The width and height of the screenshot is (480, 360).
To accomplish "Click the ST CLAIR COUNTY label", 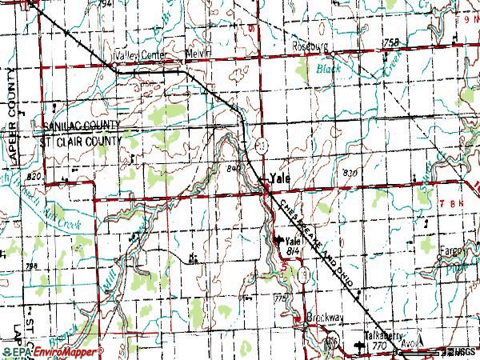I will [82, 140].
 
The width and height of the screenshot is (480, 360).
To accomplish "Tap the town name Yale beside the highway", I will [279, 178].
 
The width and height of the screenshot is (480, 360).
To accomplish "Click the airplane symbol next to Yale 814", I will [279, 240].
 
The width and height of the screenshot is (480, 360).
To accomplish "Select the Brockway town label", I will [325, 318].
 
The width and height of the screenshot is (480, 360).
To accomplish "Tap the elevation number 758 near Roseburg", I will [390, 42].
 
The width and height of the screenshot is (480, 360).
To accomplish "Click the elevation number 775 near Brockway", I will [280, 298].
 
